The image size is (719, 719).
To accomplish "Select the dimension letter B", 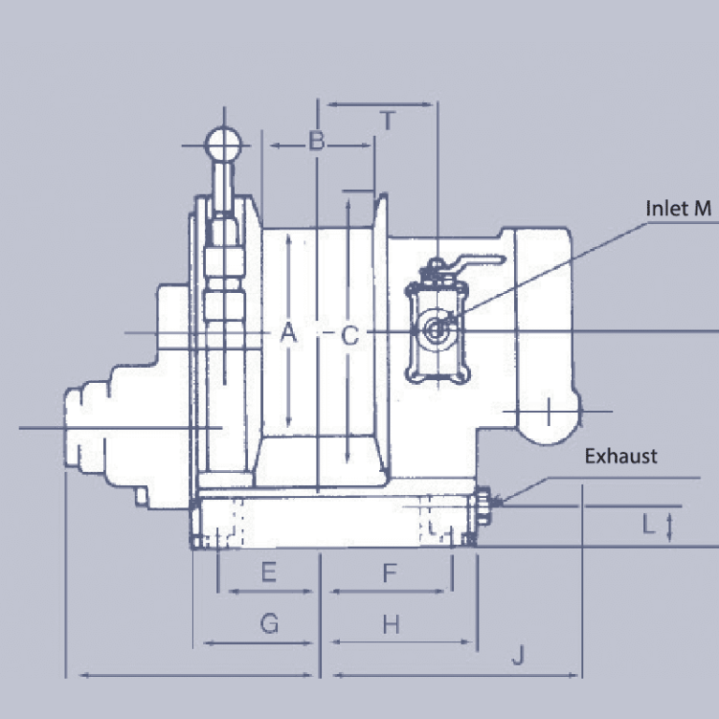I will coord(317,142).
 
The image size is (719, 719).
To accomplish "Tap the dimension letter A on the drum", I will coord(288,332).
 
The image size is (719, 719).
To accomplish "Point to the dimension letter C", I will coord(349,335).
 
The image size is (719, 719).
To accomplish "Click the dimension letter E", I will coord(269,573).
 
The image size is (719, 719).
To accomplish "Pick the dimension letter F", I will coord(390,573).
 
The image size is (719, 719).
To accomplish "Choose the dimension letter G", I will coord(269,624).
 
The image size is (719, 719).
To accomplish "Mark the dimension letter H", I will coord(390,624).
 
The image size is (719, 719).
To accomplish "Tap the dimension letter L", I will coord(649,525).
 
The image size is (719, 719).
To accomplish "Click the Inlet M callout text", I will coord(679,208).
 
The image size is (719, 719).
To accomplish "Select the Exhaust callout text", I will coord(621,457).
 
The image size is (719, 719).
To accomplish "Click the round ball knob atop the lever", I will coord(224,144).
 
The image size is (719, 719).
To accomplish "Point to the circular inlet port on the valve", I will coord(436,330).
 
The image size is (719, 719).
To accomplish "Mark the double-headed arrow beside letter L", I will coord(669,526).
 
